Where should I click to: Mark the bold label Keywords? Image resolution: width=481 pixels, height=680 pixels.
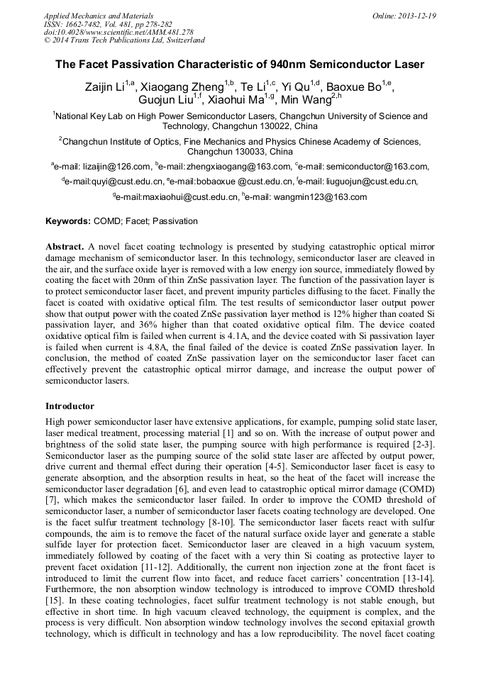[68, 221]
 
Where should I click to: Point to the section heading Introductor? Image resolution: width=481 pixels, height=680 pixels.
[70, 406]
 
